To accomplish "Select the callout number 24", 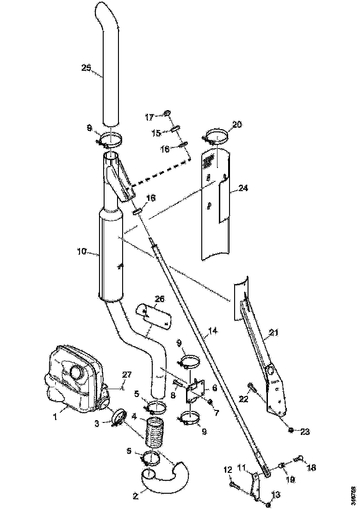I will click(243, 188).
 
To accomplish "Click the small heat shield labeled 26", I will click(155, 317).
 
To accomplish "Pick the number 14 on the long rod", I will click(213, 332).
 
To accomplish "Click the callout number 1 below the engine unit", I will click(55, 417).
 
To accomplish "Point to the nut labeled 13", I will click(268, 503).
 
